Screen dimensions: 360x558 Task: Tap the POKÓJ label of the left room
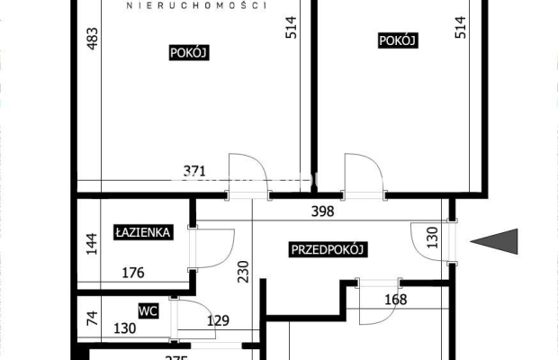tap(189, 52)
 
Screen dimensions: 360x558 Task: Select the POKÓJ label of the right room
tap(397, 40)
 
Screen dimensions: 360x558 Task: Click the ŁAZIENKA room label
tap(143, 232)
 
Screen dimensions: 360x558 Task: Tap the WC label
tap(148, 310)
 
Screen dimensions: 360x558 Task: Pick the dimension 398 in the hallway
tap(322, 211)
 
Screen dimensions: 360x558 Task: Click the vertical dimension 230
tap(242, 271)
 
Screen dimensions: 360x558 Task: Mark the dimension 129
tap(218, 320)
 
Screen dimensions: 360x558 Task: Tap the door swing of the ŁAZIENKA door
tap(216, 247)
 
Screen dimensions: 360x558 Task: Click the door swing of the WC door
tap(193, 315)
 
